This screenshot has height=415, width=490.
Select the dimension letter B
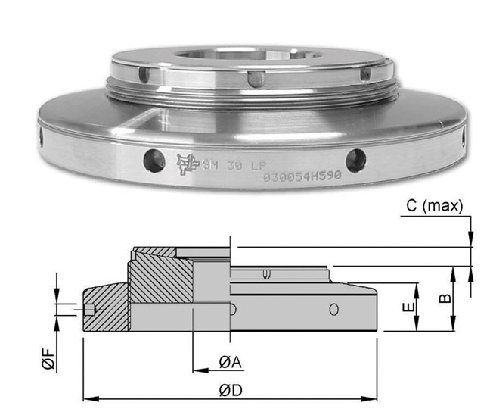[x=446, y=298]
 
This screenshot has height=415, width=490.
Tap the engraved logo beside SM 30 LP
[x=185, y=161]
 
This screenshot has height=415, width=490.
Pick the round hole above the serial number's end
[x=355, y=159]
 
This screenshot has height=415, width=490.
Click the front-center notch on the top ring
[x=257, y=79]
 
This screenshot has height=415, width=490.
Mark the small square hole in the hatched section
[x=91, y=309]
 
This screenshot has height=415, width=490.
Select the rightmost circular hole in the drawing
[x=333, y=308]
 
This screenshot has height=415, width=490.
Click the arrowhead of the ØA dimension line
[x=198, y=371]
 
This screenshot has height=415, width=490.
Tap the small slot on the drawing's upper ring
[x=265, y=273]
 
